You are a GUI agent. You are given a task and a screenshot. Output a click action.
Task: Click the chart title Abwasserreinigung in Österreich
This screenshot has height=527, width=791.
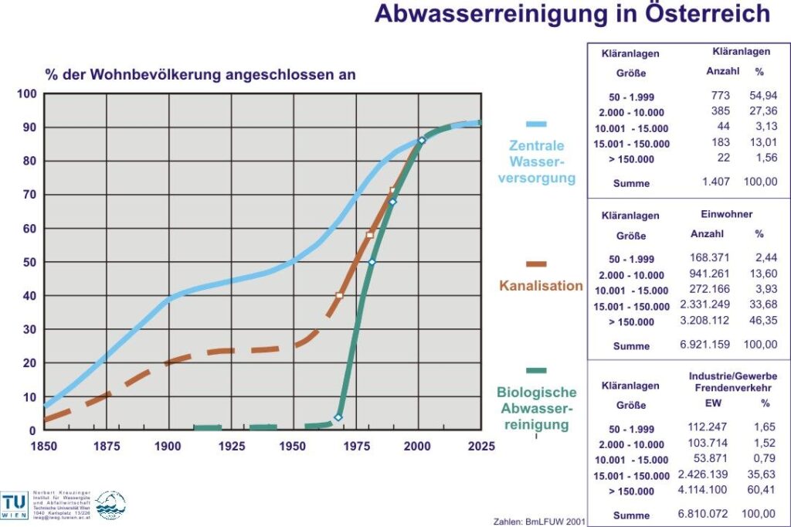[572, 14]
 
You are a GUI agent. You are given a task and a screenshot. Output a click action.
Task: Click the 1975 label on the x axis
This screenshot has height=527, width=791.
[356, 445]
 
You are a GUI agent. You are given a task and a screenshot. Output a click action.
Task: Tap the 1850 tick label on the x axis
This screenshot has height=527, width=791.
[43, 445]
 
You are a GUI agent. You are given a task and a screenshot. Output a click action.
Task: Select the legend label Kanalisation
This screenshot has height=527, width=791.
[541, 286]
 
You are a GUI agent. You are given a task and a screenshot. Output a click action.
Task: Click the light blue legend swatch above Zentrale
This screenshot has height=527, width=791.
[536, 124]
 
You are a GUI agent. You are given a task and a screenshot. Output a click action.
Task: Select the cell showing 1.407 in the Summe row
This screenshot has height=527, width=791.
[716, 182]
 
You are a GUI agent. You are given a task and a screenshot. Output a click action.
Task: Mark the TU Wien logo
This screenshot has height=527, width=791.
[15, 505]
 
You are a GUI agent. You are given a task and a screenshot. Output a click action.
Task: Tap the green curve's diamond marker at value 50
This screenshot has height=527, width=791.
[372, 263]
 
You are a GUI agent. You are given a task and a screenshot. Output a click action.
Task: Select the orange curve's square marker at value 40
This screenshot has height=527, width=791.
[339, 295]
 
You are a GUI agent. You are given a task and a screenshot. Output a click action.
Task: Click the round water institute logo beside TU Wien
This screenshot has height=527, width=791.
[110, 505]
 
